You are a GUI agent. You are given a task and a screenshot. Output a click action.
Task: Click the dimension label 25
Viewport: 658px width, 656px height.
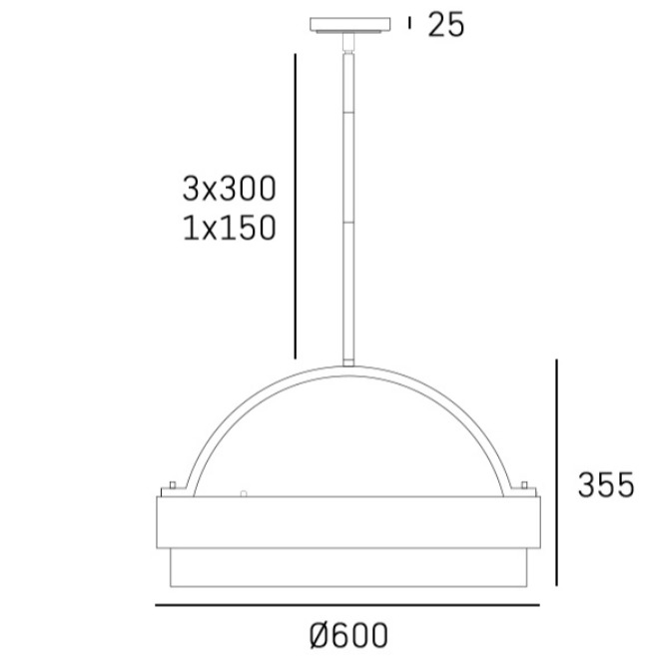pyautogui.click(x=446, y=24)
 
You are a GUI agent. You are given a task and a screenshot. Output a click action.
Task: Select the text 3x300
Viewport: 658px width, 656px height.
pyautogui.click(x=230, y=189)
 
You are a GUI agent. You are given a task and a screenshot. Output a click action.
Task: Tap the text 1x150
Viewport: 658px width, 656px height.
pyautogui.click(x=230, y=228)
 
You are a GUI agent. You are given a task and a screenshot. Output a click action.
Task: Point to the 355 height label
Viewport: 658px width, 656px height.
pyautogui.click(x=606, y=484)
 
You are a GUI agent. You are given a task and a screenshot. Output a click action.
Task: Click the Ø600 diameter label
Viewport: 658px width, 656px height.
pyautogui.click(x=348, y=635)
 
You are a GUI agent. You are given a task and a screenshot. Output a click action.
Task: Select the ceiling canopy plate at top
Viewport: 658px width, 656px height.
pyautogui.click(x=350, y=25)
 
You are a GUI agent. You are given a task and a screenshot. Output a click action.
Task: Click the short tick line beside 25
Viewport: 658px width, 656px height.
pyautogui.click(x=409, y=23)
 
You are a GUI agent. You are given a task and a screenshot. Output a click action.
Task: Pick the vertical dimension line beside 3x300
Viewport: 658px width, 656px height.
pyautogui.click(x=296, y=206)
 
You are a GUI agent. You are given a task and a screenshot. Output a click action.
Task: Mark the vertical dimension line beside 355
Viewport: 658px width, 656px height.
pyautogui.click(x=556, y=472)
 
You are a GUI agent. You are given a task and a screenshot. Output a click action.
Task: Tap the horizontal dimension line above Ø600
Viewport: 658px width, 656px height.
pyautogui.click(x=347, y=605)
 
